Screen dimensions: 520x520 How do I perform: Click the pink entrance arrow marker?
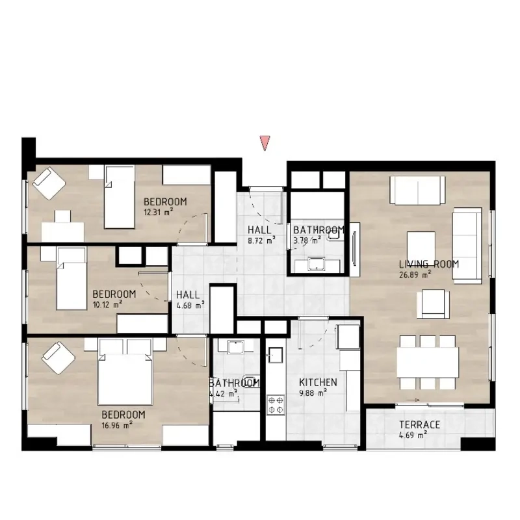click(x=265, y=142)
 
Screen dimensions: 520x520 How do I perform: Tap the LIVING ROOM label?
click(x=429, y=264)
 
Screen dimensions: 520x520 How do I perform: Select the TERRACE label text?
click(x=419, y=424)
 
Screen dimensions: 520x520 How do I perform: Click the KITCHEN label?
click(x=318, y=382)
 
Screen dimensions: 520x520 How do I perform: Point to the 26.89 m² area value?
click(x=415, y=274)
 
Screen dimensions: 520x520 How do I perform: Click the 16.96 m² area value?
click(x=117, y=425)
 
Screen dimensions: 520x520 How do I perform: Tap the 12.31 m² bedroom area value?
click(x=158, y=212)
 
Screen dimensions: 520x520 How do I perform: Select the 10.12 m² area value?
click(x=107, y=304)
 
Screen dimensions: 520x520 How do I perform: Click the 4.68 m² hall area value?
click(x=190, y=305)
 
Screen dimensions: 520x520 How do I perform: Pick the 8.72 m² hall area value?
click(x=262, y=240)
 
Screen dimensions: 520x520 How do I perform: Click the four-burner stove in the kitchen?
click(x=276, y=404)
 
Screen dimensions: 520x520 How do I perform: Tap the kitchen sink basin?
click(x=276, y=355)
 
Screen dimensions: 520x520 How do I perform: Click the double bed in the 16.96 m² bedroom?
click(x=125, y=372)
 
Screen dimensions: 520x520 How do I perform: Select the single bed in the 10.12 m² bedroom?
click(x=71, y=279)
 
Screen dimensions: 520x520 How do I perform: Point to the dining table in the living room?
click(x=428, y=362)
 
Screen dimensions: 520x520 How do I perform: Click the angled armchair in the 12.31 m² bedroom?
click(x=49, y=183)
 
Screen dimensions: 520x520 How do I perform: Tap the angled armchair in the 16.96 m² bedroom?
click(x=58, y=359)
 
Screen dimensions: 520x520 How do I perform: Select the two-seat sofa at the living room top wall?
click(x=417, y=190)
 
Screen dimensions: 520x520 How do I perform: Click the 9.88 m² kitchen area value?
click(x=313, y=393)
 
